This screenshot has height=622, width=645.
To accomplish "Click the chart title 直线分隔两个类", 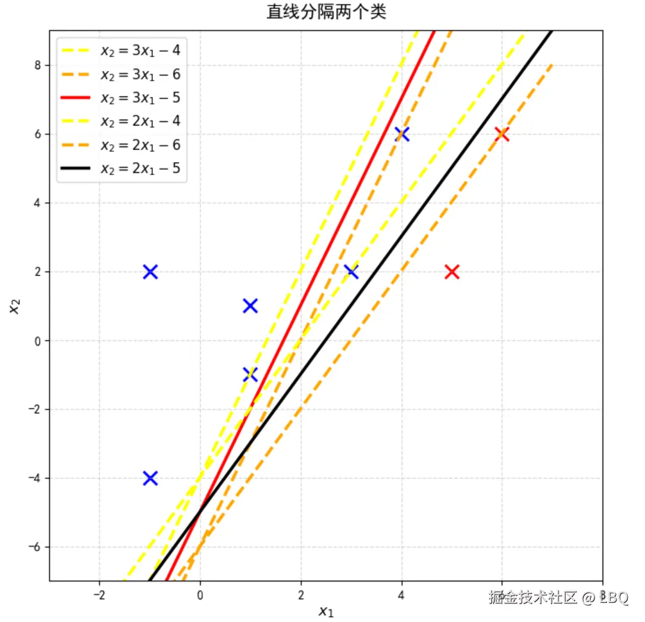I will [x=326, y=12].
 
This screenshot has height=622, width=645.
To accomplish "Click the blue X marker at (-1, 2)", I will [x=150, y=272].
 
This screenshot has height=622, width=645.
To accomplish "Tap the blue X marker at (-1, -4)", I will [x=150, y=478].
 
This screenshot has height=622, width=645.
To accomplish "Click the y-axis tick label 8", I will [x=37, y=66].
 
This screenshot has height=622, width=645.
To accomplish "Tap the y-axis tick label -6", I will [x=35, y=547].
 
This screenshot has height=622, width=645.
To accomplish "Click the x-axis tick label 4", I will [x=402, y=595].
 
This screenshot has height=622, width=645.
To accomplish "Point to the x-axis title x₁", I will [x=325, y=611].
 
